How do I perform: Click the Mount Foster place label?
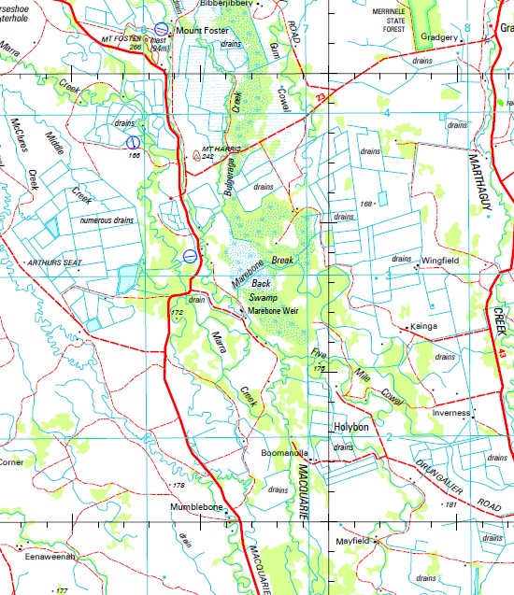pyautogui.click(x=202, y=30)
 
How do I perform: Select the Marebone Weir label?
pyautogui.click(x=274, y=310)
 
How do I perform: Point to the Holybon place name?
pyautogui.click(x=352, y=428)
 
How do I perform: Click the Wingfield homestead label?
pyautogui.click(x=439, y=261)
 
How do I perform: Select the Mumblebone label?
pyautogui.click(x=195, y=506)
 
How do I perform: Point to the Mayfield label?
pyautogui.click(x=354, y=541)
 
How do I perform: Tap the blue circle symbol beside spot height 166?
pyautogui.click(x=133, y=141)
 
